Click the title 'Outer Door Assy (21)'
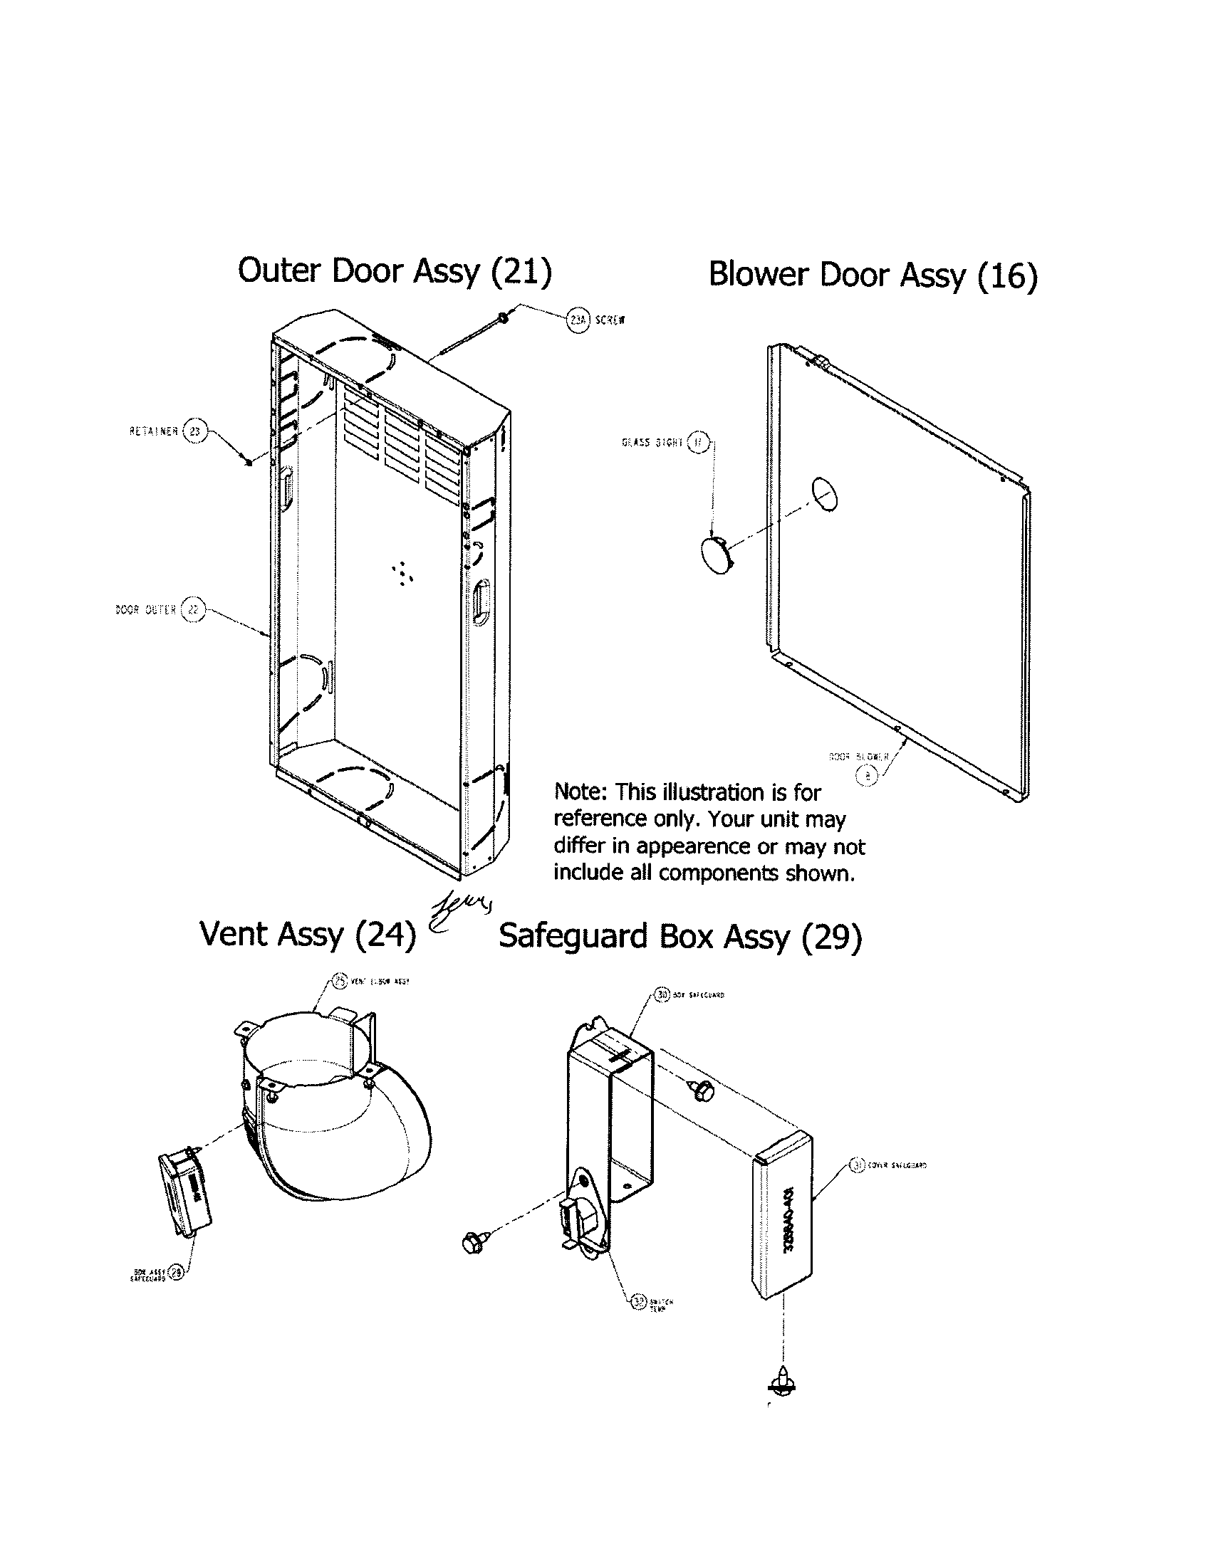click(x=395, y=272)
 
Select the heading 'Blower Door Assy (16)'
click(x=873, y=275)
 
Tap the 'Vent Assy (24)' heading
click(x=308, y=935)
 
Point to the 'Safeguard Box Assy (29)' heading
click(x=680, y=937)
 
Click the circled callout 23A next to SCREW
click(x=578, y=320)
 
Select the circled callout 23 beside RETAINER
click(x=194, y=431)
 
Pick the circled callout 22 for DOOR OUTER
click(x=192, y=609)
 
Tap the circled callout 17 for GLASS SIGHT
click(x=698, y=443)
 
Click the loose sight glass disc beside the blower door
click(x=716, y=555)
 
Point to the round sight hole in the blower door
click(x=825, y=495)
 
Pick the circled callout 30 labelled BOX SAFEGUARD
click(x=663, y=994)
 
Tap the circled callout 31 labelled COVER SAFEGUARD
click(x=857, y=1165)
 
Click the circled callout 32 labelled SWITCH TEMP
click(x=637, y=1301)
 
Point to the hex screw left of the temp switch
click(x=474, y=1241)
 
